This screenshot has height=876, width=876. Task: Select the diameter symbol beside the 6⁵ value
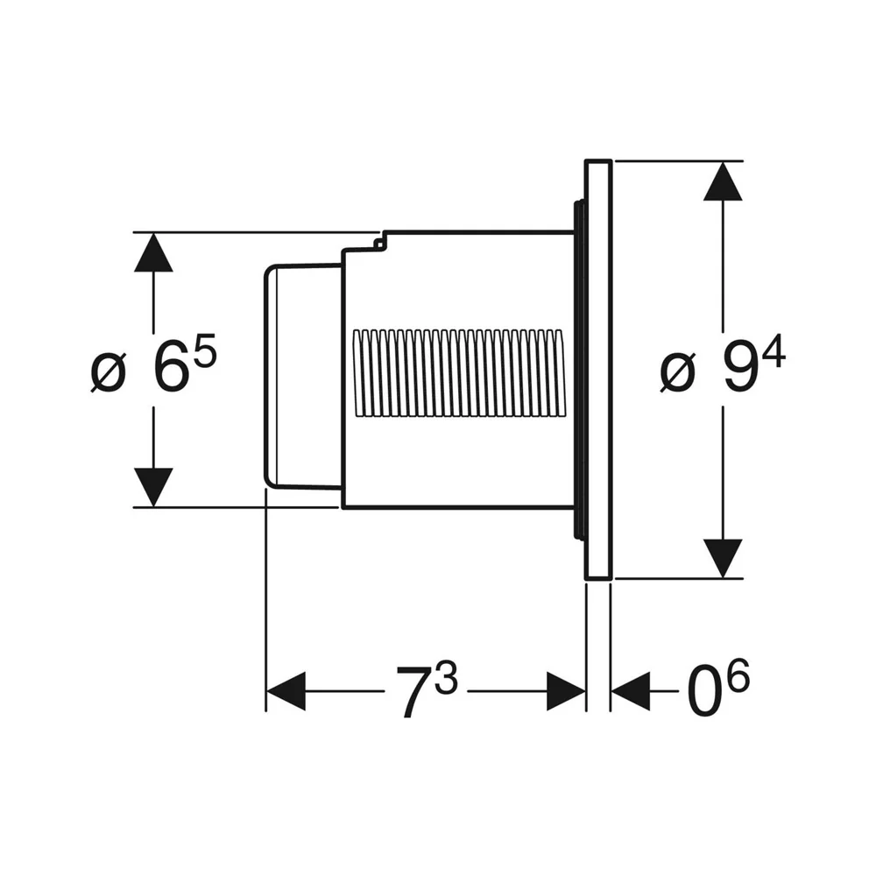(108, 373)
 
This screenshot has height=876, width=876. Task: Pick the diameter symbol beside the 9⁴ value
(677, 373)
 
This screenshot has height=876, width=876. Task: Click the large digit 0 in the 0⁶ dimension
(703, 693)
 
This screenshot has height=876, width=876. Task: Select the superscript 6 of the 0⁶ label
(738, 676)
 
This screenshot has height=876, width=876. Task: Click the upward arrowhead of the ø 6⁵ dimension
(153, 252)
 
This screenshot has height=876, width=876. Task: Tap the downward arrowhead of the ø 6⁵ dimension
(153, 487)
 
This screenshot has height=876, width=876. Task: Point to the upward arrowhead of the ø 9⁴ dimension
(723, 181)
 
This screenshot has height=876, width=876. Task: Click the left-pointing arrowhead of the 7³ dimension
(286, 691)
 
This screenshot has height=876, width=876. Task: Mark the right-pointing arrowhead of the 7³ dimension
(566, 691)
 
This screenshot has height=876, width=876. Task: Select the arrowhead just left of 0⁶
(631, 691)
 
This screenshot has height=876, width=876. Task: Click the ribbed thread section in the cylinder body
(458, 373)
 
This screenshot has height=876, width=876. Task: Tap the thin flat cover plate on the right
(598, 370)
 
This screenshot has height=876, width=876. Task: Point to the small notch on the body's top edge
(379, 242)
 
